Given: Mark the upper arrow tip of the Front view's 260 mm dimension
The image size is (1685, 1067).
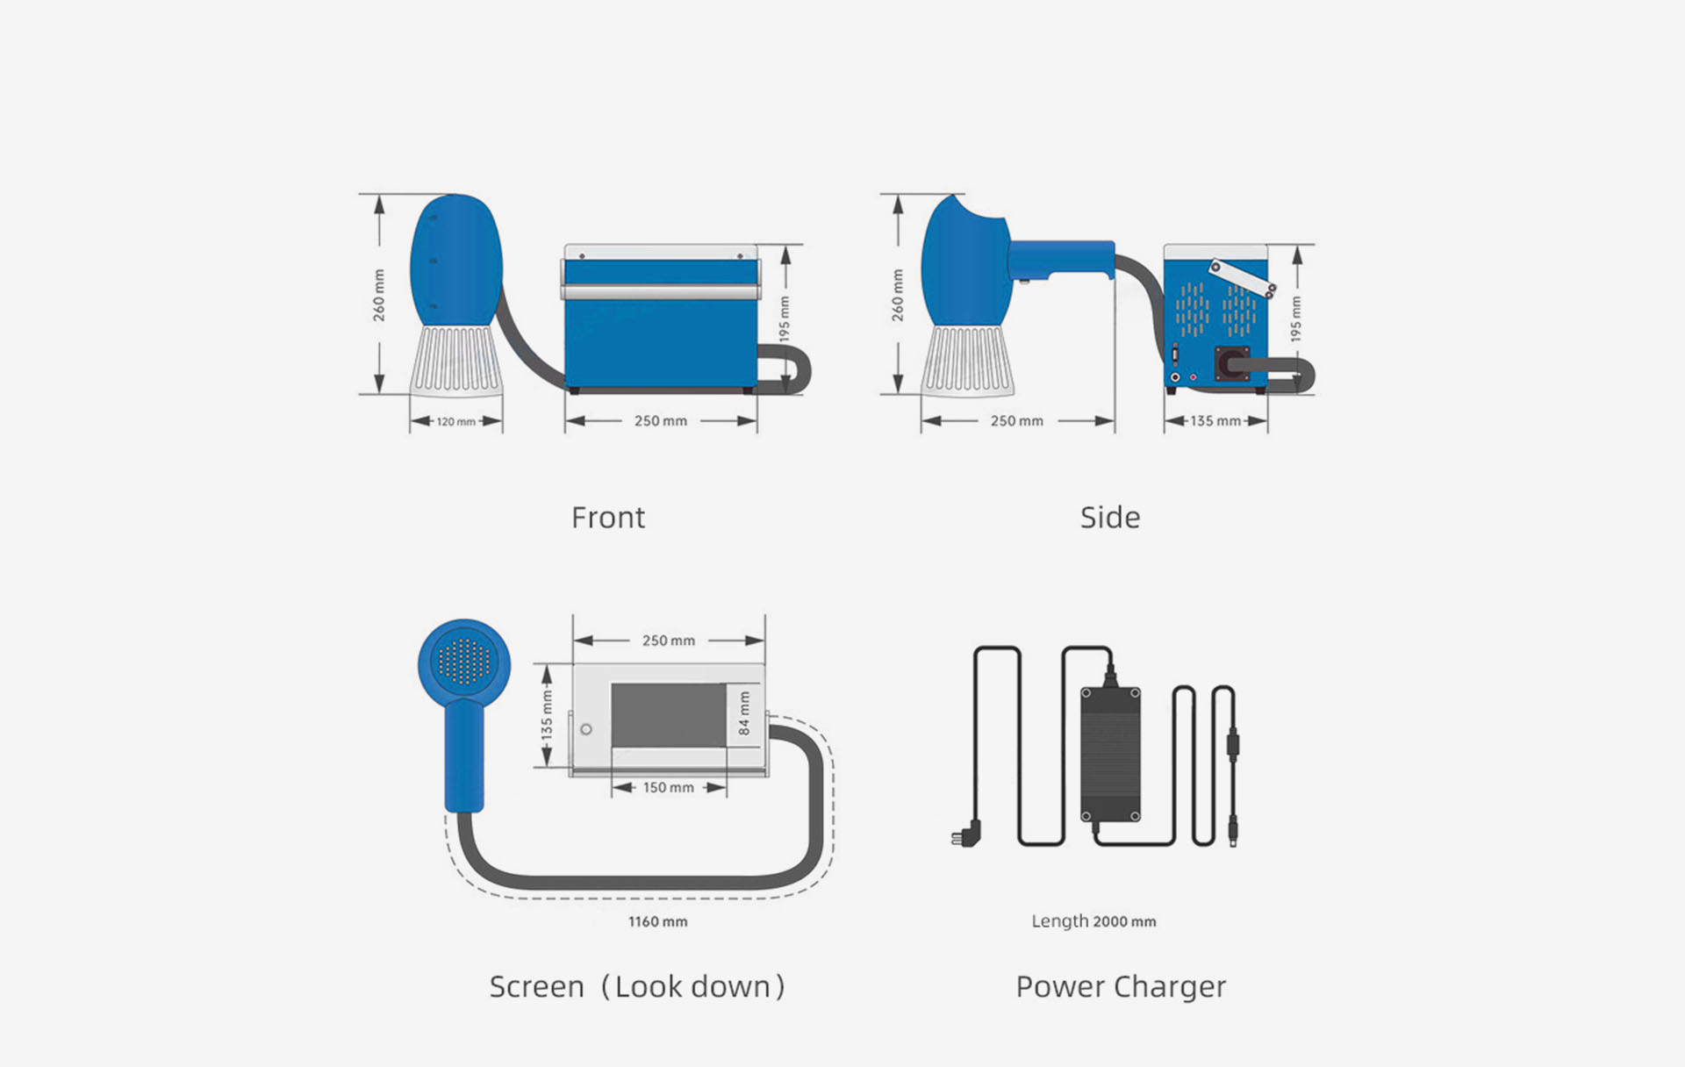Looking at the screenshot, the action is [x=379, y=196].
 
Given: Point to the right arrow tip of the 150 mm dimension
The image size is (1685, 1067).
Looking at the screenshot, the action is [x=727, y=788].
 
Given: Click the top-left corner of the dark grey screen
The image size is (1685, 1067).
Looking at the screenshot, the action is [x=612, y=684].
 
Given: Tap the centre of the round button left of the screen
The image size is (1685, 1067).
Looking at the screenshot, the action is [x=586, y=729].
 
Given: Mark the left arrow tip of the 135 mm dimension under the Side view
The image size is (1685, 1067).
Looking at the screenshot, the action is [x=1165, y=421].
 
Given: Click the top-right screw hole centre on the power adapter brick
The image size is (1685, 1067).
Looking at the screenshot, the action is [x=1135, y=693].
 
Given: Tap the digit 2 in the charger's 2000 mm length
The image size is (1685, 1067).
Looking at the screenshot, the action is [x=1097, y=921].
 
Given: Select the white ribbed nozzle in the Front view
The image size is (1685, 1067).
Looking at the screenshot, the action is [x=455, y=361].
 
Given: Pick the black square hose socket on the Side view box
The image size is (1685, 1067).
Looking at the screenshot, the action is [x=1231, y=363].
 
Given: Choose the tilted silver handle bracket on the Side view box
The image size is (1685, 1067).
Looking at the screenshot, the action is [x=1242, y=279].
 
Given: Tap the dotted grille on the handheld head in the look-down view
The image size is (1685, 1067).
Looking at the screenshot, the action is [x=464, y=662].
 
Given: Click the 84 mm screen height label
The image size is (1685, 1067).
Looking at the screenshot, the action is [x=744, y=713].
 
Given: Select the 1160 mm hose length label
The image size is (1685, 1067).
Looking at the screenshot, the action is [x=658, y=921].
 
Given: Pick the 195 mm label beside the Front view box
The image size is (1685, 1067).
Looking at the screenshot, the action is [x=785, y=319].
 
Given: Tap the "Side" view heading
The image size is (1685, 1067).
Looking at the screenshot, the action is [x=1110, y=518].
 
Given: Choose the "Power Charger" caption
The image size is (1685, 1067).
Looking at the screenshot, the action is [x=1121, y=987].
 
